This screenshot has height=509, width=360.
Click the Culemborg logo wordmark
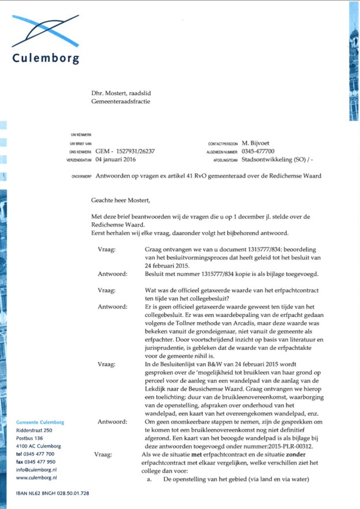pos(46,58)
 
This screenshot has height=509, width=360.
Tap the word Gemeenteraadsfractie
pos(121,101)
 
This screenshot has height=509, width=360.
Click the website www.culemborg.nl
pos(36,478)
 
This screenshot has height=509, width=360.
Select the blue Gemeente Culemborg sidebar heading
pos(40,423)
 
